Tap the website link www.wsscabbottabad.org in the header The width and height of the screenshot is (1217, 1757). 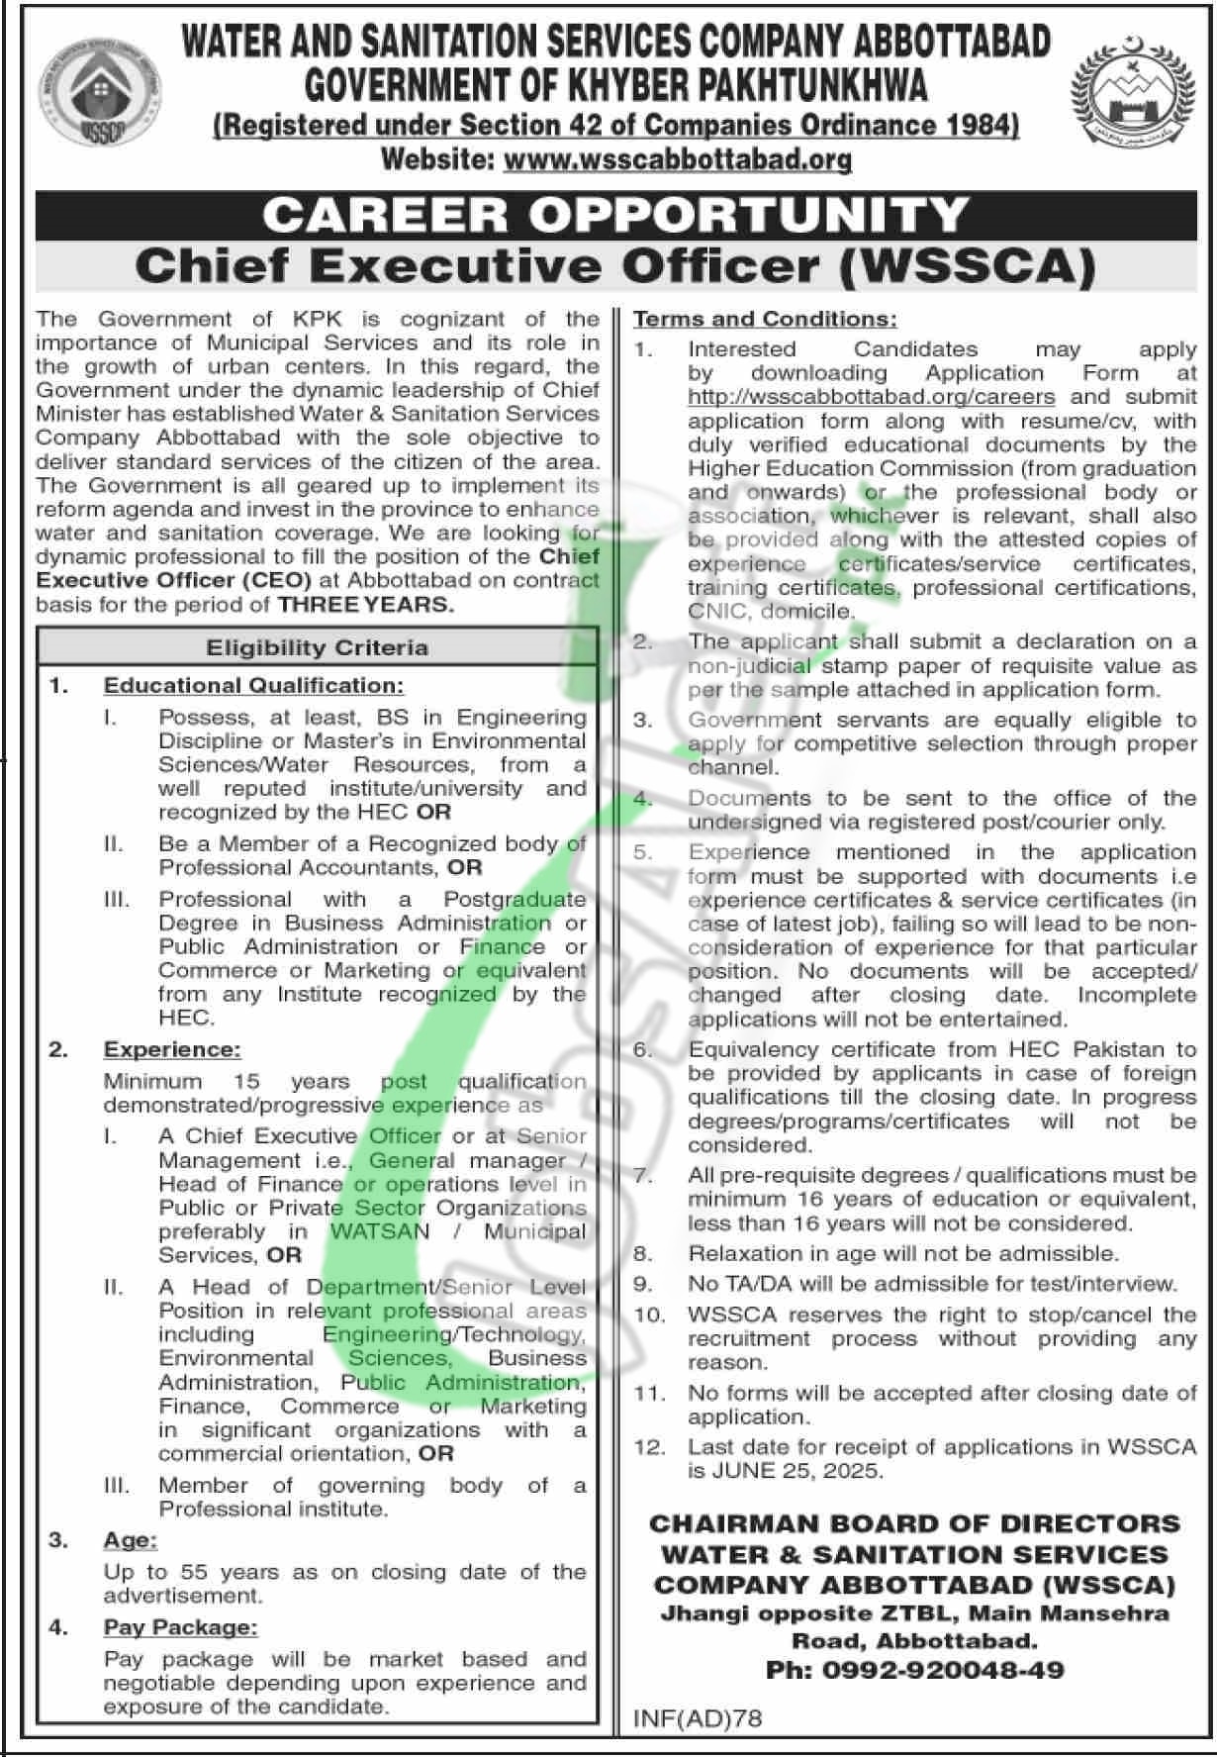(678, 158)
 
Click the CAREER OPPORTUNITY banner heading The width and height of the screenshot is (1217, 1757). (615, 214)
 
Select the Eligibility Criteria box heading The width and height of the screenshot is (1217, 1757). (317, 647)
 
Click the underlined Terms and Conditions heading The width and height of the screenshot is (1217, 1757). (765, 319)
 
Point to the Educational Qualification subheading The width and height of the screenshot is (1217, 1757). (253, 685)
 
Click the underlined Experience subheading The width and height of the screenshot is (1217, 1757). (172, 1049)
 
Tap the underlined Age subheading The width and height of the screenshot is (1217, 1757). (131, 1540)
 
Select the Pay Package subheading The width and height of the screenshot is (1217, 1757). (180, 1627)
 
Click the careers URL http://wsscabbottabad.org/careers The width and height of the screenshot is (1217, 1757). (872, 397)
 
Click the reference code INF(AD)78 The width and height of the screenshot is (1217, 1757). (698, 1718)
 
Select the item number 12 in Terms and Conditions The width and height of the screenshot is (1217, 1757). (649, 1447)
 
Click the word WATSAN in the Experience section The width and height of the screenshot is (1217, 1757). (380, 1231)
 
